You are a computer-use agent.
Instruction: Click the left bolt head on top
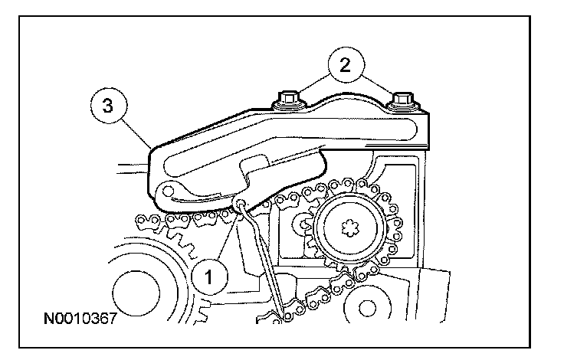coord(288,99)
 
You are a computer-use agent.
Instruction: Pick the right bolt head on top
coord(400,100)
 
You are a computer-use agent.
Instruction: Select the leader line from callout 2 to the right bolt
coord(375,83)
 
